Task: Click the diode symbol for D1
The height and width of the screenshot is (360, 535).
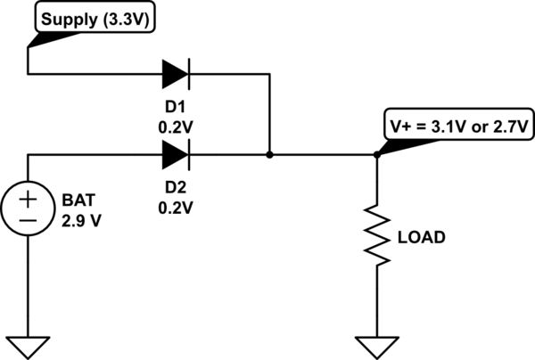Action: click(176, 73)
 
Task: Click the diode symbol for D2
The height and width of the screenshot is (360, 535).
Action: click(176, 155)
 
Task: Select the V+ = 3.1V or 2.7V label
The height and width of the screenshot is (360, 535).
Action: click(458, 127)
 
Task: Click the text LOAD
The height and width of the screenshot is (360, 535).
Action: click(421, 238)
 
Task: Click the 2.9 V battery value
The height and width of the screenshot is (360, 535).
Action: click(83, 217)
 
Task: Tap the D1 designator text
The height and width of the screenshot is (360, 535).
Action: click(176, 109)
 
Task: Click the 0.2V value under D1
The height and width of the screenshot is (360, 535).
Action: click(176, 127)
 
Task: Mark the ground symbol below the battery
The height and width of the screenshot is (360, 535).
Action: click(29, 343)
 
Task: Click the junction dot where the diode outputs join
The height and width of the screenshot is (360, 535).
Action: click(269, 155)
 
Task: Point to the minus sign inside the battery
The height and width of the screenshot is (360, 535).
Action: click(29, 218)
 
